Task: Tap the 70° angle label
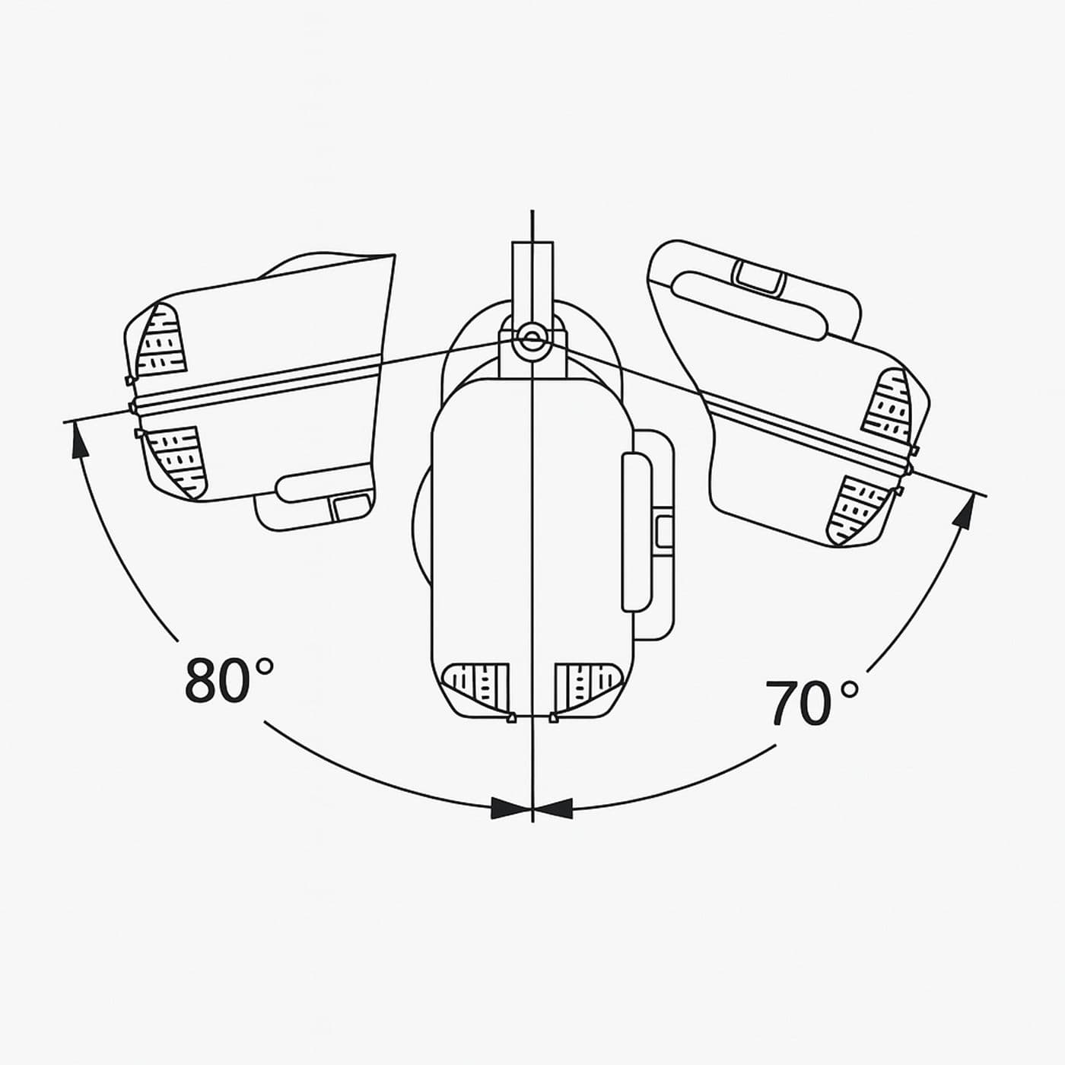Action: (x=812, y=702)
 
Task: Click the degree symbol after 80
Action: (x=264, y=666)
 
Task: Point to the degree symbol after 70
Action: (x=850, y=689)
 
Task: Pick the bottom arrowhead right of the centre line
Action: (x=553, y=808)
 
